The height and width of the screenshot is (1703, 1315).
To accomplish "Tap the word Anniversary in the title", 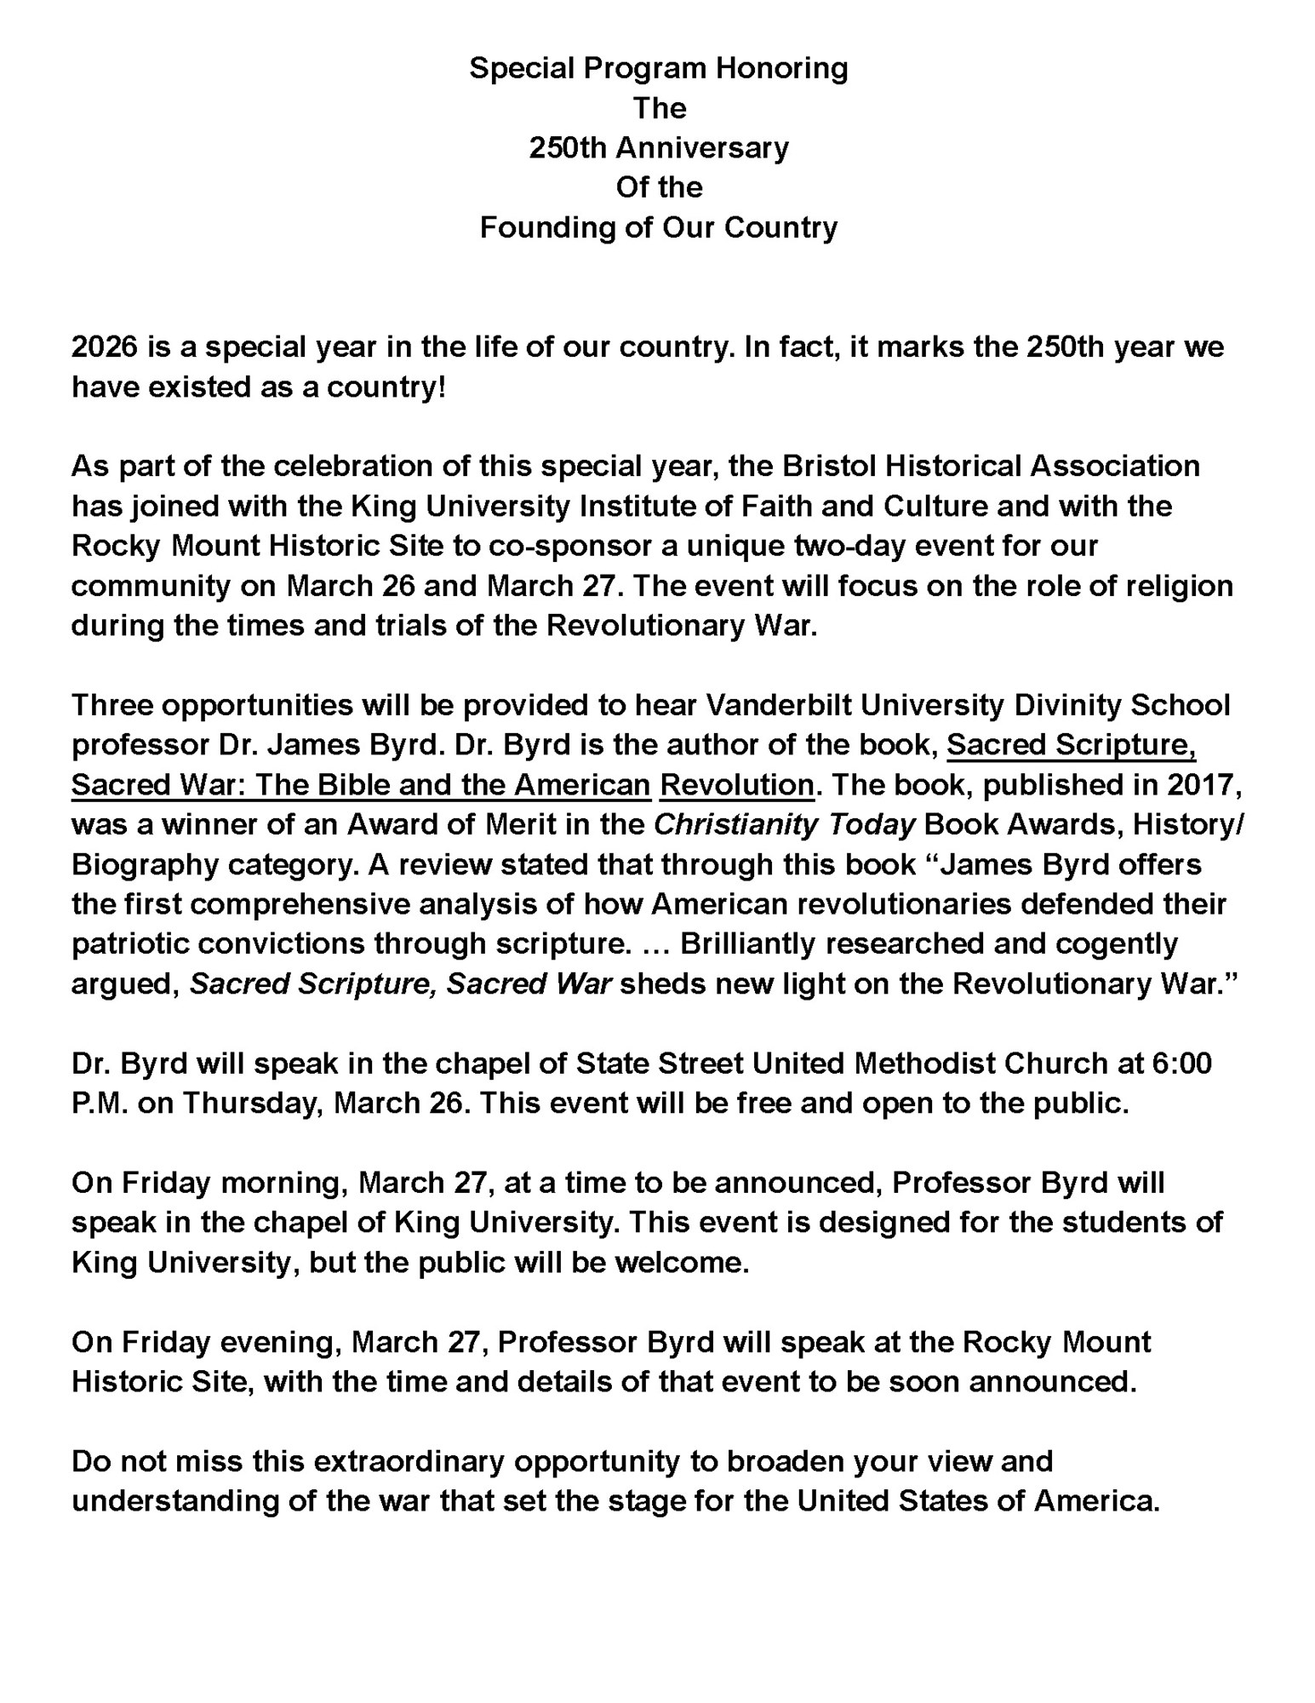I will (702, 148).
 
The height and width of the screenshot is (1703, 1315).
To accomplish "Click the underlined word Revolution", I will (736, 784).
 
